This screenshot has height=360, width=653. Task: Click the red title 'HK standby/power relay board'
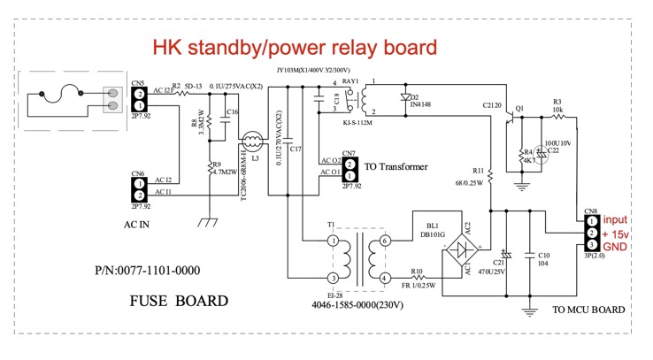pyautogui.click(x=295, y=46)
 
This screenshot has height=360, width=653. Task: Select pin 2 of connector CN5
pyautogui.click(x=139, y=94)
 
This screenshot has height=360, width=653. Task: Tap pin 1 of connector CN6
pyautogui.click(x=139, y=194)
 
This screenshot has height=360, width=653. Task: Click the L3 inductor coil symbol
pyautogui.click(x=252, y=141)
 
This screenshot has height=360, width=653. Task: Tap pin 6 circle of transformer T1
pyautogui.click(x=384, y=241)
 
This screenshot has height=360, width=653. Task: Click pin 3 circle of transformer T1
pyautogui.click(x=333, y=279)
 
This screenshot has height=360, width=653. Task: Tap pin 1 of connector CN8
pyautogui.click(x=589, y=220)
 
